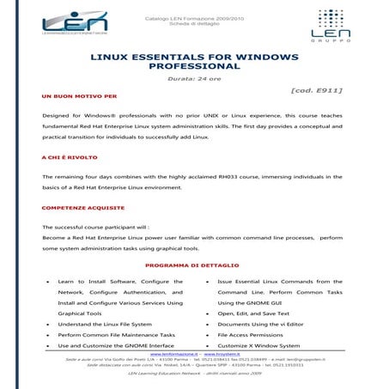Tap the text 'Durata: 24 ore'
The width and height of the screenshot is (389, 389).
coord(193,77)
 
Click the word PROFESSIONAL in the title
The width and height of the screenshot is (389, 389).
coord(194,65)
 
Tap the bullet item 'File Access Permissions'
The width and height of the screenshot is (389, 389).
coord(257,334)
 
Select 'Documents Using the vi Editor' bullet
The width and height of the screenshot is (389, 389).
coord(266,324)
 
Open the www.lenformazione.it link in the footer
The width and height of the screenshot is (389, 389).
coord(174,353)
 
